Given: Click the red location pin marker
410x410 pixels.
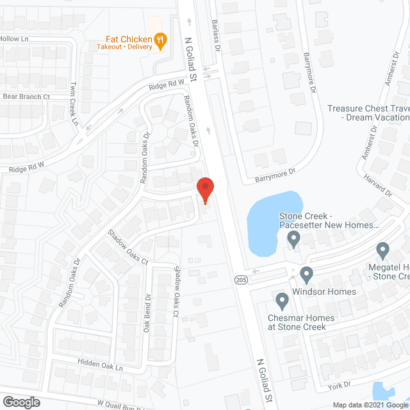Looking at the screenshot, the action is click(205, 189).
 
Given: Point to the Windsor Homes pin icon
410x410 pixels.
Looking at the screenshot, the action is click(306, 275).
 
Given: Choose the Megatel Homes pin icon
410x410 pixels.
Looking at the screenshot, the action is click(383, 250).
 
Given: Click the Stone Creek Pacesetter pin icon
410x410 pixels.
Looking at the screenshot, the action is click(294, 240).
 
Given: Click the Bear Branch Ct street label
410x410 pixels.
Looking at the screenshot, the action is click(26, 97).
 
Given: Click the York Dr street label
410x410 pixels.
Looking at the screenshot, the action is click(340, 384).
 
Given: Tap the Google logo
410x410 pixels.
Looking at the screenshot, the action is click(20, 402).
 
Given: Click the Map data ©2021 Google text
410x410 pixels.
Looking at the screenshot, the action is click(370, 405).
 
